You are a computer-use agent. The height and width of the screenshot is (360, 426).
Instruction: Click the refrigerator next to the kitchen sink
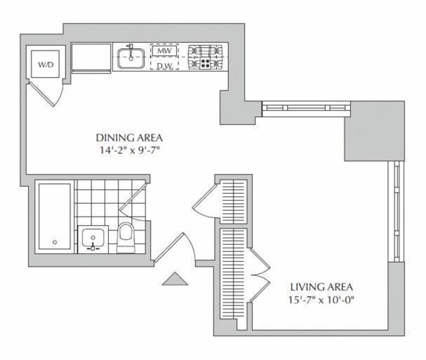coord(91,58)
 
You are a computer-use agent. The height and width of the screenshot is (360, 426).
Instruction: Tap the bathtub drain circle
coord(54,242)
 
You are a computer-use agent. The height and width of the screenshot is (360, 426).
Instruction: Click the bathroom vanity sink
coord(94,238)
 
